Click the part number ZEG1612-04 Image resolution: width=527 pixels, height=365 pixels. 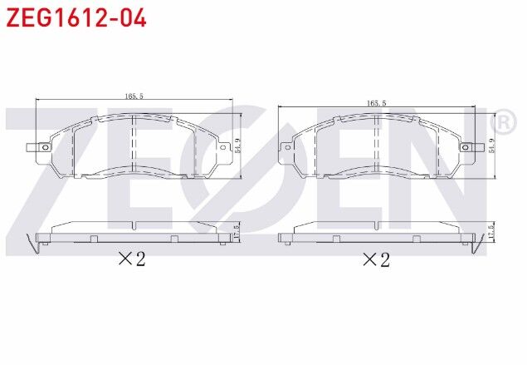pyautogui.click(x=77, y=17)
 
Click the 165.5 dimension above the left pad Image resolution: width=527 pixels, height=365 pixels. pyautogui.click(x=134, y=97)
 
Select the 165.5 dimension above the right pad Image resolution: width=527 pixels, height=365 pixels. pyautogui.click(x=376, y=103)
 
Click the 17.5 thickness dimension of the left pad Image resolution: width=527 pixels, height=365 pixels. pyautogui.click(x=237, y=231)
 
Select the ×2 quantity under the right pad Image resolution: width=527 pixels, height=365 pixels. pyautogui.click(x=375, y=259)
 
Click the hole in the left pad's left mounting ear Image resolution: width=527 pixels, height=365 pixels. pyautogui.click(x=43, y=149)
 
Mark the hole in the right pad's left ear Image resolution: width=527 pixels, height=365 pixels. pyautogui.click(x=289, y=149)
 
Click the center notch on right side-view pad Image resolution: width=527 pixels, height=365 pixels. pyautogui.click(x=378, y=239)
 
